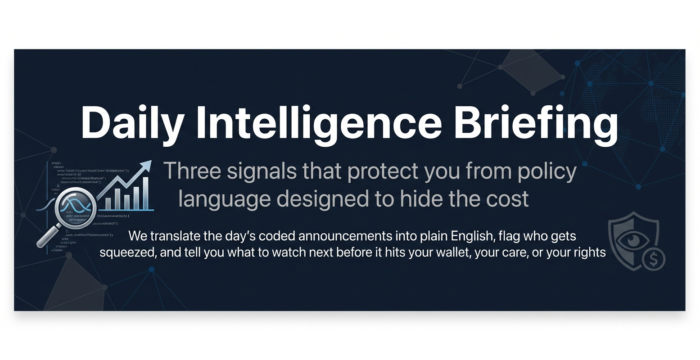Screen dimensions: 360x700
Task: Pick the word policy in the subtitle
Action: [547, 172]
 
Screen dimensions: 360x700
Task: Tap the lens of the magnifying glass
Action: [75, 207]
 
